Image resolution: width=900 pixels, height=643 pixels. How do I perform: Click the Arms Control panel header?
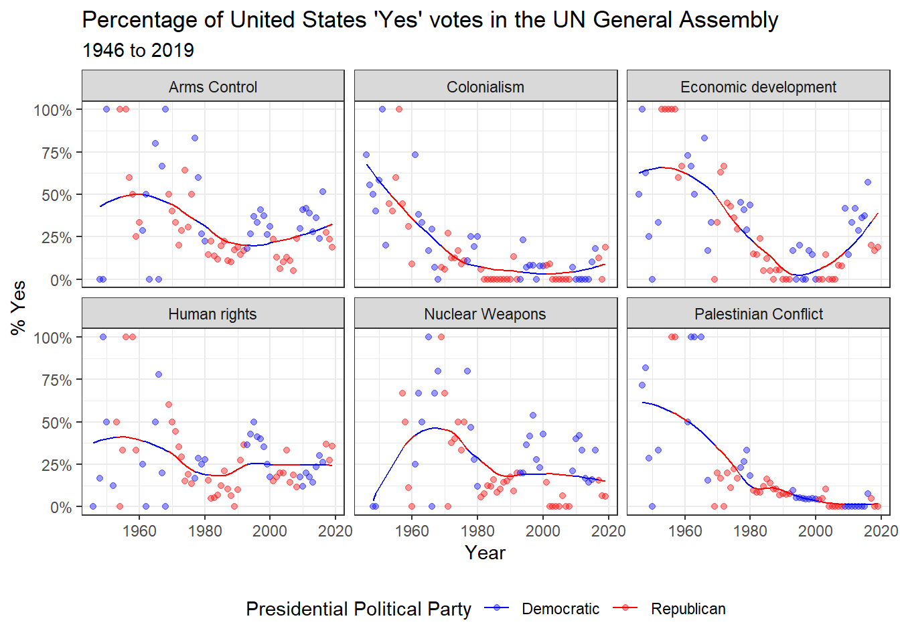click(x=213, y=87)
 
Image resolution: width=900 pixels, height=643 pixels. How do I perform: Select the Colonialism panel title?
click(x=485, y=87)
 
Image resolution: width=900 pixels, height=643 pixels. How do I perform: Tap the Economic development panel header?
click(x=758, y=87)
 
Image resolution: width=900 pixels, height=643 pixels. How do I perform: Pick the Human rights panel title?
click(x=212, y=314)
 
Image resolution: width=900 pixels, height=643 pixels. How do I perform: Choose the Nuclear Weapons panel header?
click(x=485, y=314)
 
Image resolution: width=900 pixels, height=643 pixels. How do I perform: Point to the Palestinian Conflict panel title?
click(x=759, y=314)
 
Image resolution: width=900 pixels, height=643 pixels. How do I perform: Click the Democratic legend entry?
click(x=560, y=609)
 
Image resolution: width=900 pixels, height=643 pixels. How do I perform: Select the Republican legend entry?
click(x=688, y=609)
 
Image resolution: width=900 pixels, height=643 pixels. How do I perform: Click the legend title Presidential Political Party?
click(x=358, y=609)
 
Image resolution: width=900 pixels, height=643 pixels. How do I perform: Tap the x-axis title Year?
click(x=485, y=553)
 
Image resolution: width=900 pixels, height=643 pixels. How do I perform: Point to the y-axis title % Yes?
click(x=18, y=307)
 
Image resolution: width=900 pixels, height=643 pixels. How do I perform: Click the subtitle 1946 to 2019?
click(x=138, y=50)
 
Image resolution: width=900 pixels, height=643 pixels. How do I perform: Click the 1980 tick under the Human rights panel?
click(x=205, y=531)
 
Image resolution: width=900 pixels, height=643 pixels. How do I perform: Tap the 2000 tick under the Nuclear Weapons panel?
click(x=543, y=531)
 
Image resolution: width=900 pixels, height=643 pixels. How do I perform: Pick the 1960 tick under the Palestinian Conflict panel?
click(x=685, y=531)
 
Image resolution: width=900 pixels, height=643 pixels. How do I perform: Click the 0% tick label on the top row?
click(x=61, y=281)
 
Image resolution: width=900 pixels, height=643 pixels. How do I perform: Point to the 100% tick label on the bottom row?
click(x=53, y=338)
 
